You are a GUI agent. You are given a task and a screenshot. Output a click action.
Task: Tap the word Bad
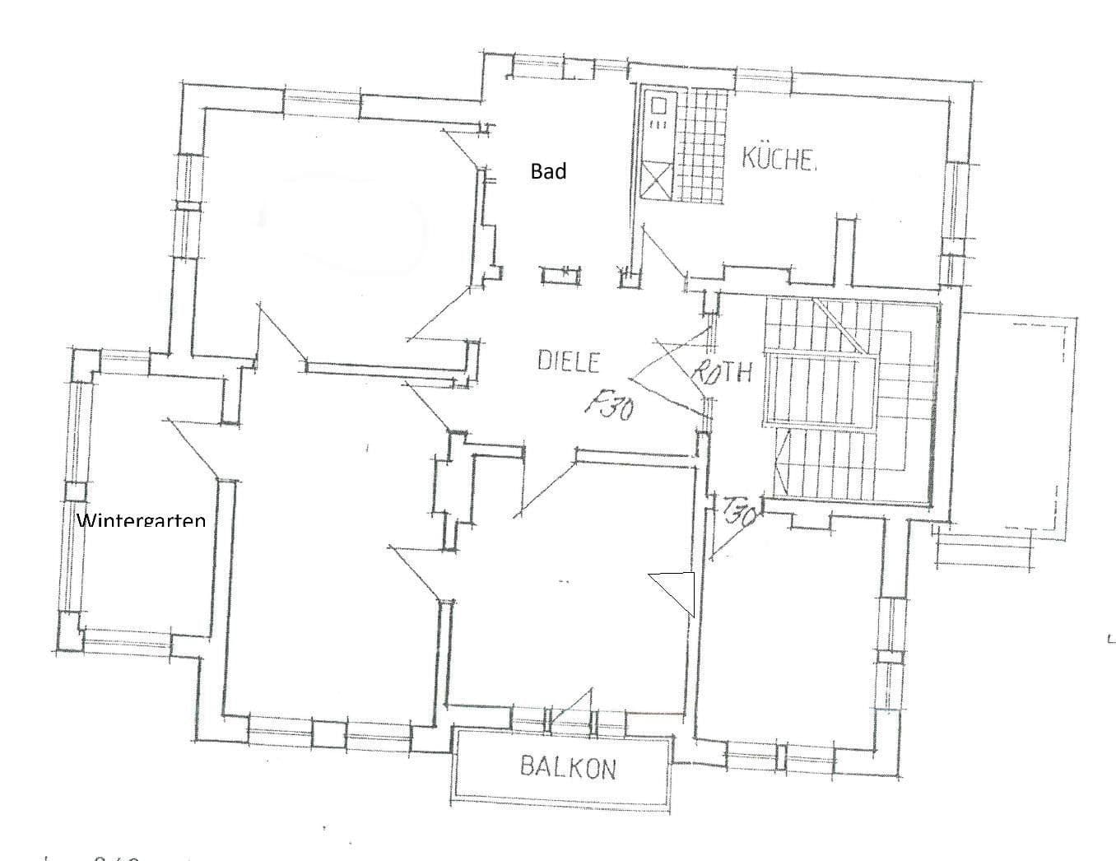[x=548, y=171]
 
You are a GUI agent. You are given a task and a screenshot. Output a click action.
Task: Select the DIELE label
[x=569, y=361]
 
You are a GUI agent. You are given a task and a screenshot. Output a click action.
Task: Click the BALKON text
[x=568, y=768]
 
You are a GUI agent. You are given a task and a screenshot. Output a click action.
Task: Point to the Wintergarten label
[x=141, y=521]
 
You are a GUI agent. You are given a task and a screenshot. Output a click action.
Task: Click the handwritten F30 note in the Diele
[x=610, y=405]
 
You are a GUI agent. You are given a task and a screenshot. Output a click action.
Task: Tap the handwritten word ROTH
[x=722, y=372]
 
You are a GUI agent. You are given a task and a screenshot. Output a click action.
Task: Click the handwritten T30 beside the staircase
[x=740, y=514]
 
